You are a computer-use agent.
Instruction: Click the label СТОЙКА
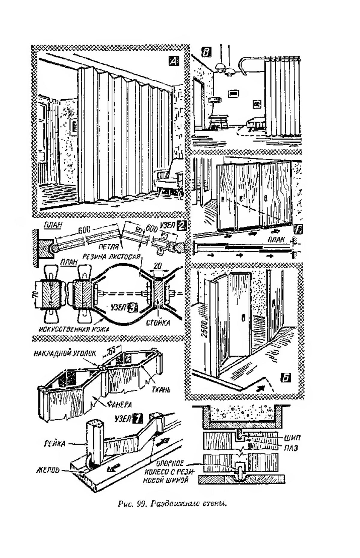coord(158,323)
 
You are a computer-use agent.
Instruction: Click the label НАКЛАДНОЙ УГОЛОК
coord(64,353)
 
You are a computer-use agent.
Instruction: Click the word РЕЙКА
coord(54,443)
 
